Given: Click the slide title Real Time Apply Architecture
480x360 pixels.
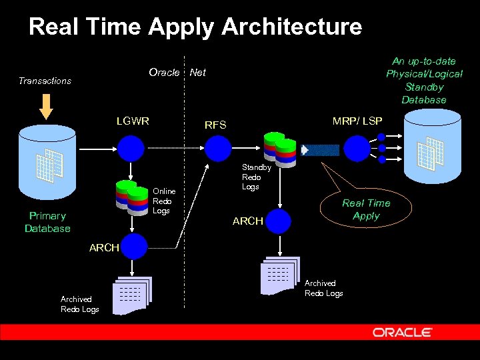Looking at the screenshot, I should coord(195,27).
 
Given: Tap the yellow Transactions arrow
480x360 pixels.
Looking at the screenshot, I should coord(46,105).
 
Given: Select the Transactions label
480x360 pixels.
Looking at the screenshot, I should coord(45,81).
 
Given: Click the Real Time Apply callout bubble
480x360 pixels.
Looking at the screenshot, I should coord(365,209).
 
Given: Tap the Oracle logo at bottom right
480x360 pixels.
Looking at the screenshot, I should coord(402,332).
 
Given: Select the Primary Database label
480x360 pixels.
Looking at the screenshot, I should coord(47,222).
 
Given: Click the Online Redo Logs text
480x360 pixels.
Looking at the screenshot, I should coord(163,201).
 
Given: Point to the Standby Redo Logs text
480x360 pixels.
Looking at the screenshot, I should coord(251,177).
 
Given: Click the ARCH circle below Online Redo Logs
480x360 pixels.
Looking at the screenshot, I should coord(134,246).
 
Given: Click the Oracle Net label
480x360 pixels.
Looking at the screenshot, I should coord(177,72).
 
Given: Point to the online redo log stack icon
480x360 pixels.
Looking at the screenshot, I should coord(131,196).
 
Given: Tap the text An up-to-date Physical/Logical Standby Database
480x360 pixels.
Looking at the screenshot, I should coord(424,80).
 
